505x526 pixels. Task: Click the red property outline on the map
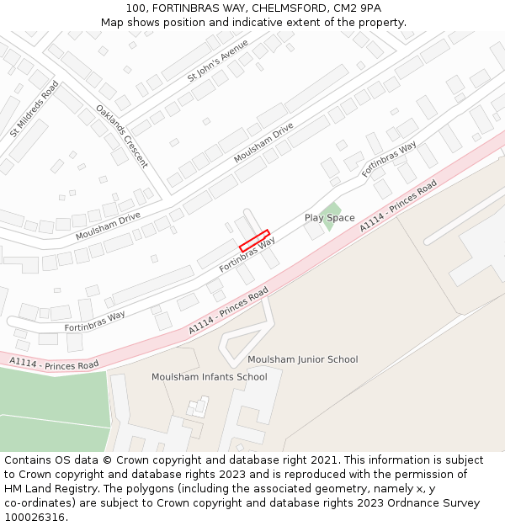pos(254,241)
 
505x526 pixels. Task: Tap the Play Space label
pos(329,218)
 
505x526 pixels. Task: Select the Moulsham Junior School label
pos(302,359)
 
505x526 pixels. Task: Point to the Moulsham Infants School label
pos(209,377)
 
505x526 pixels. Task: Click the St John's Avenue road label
pos(217,61)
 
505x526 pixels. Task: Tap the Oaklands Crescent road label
pos(121,135)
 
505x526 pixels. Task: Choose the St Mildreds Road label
pos(35,109)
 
